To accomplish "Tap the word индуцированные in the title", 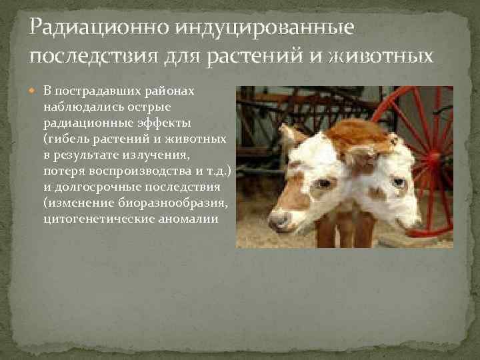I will point(263,29).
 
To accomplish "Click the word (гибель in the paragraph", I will point(65,139).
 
